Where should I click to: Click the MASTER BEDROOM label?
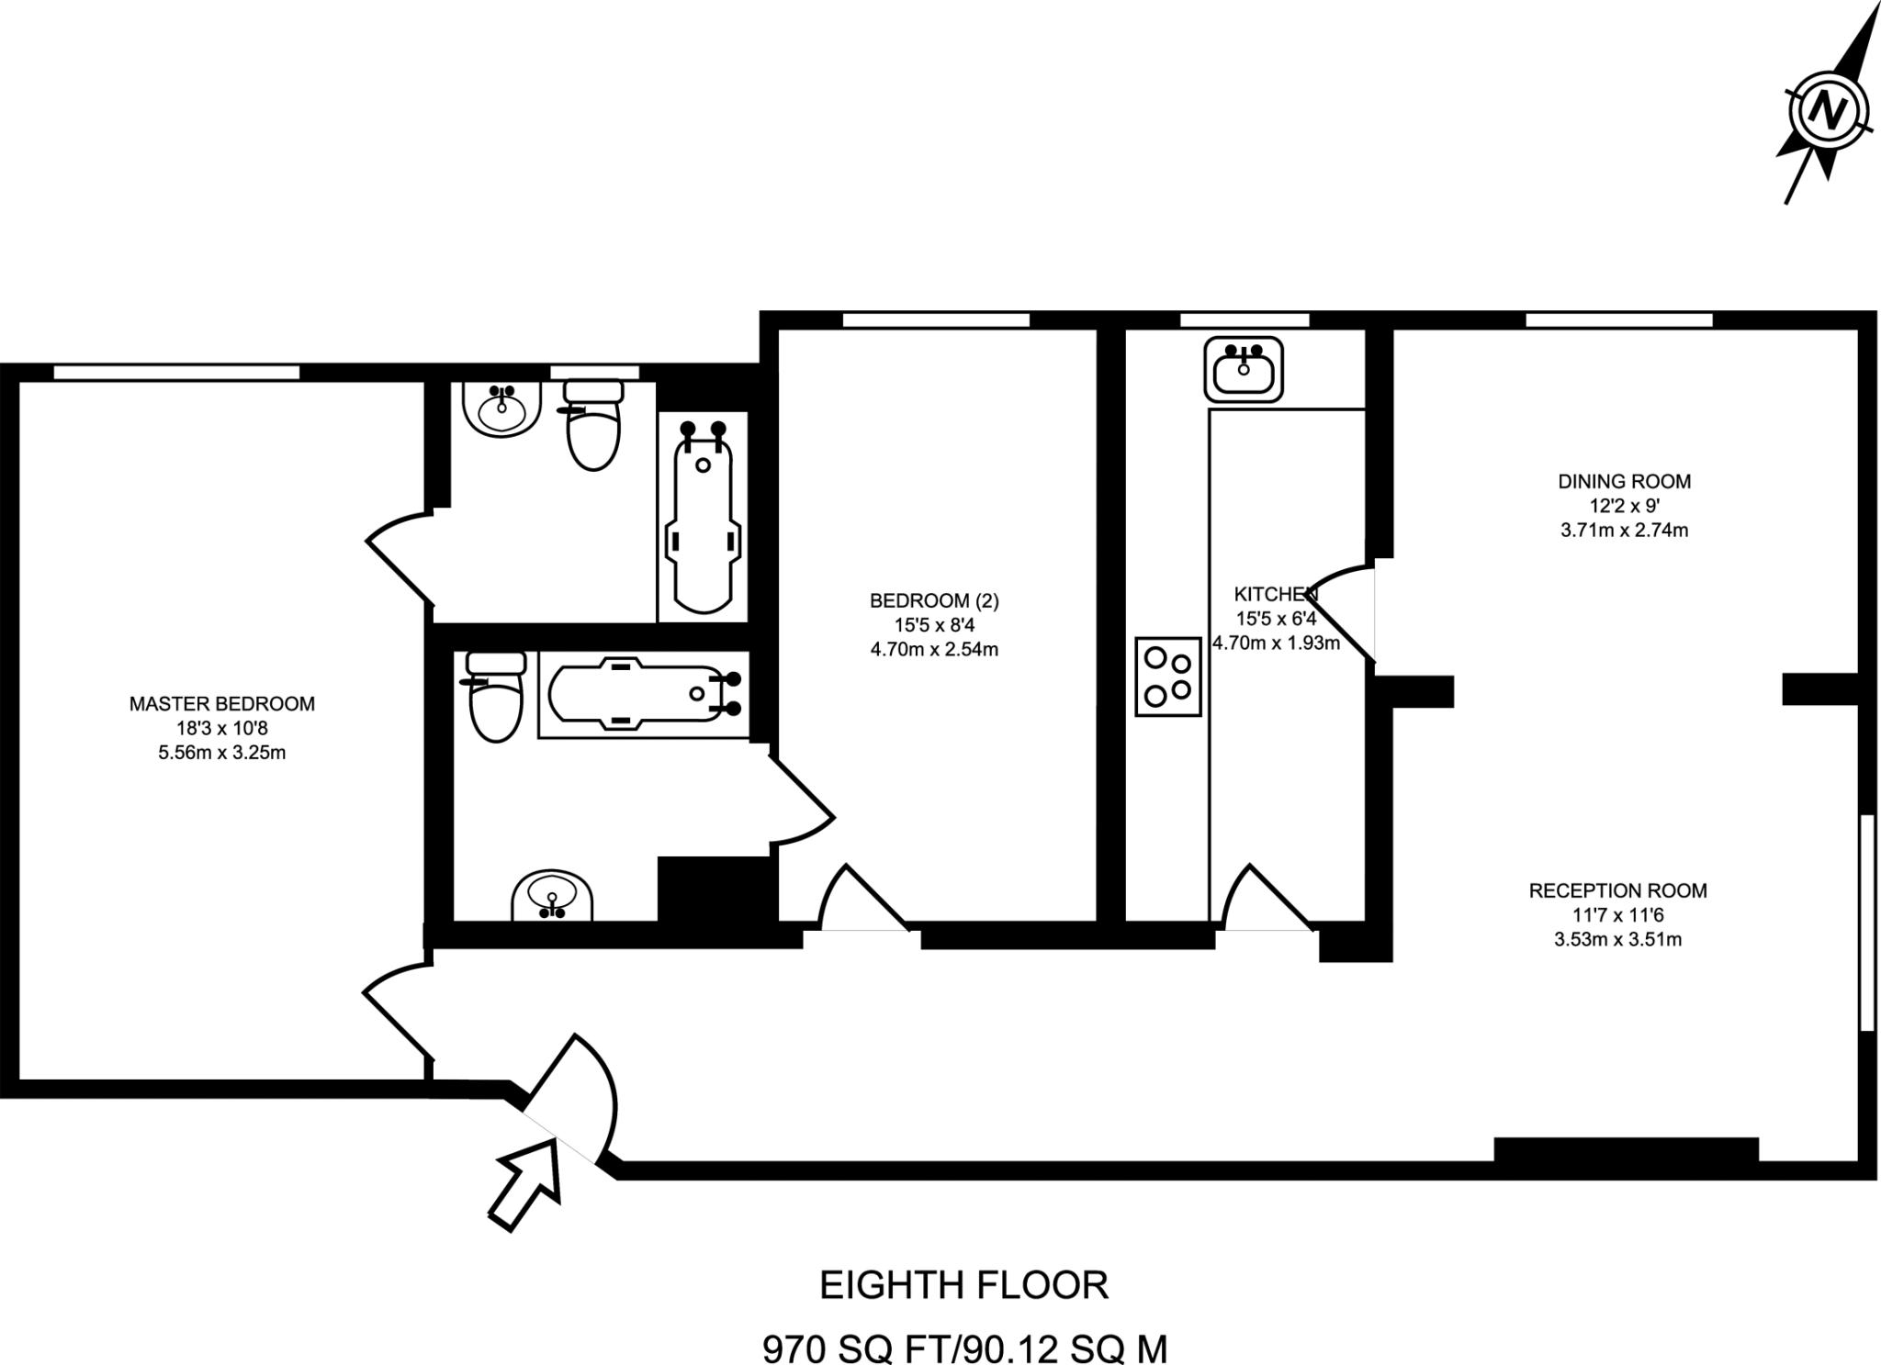click(x=221, y=704)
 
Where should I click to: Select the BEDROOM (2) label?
click(x=934, y=601)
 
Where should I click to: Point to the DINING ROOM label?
click(x=1624, y=481)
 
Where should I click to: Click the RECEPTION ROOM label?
click(x=1617, y=890)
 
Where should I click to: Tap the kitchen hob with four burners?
click(x=1168, y=677)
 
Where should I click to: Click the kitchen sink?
click(x=1244, y=370)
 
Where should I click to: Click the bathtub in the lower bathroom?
click(x=643, y=695)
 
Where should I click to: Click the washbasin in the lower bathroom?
click(x=552, y=895)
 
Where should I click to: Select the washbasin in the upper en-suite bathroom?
click(x=501, y=408)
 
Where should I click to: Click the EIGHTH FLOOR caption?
click(x=963, y=1285)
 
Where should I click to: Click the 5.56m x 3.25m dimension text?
click(x=221, y=754)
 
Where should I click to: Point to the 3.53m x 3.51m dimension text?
click(x=1617, y=940)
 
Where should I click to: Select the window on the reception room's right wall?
click(x=1866, y=923)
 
